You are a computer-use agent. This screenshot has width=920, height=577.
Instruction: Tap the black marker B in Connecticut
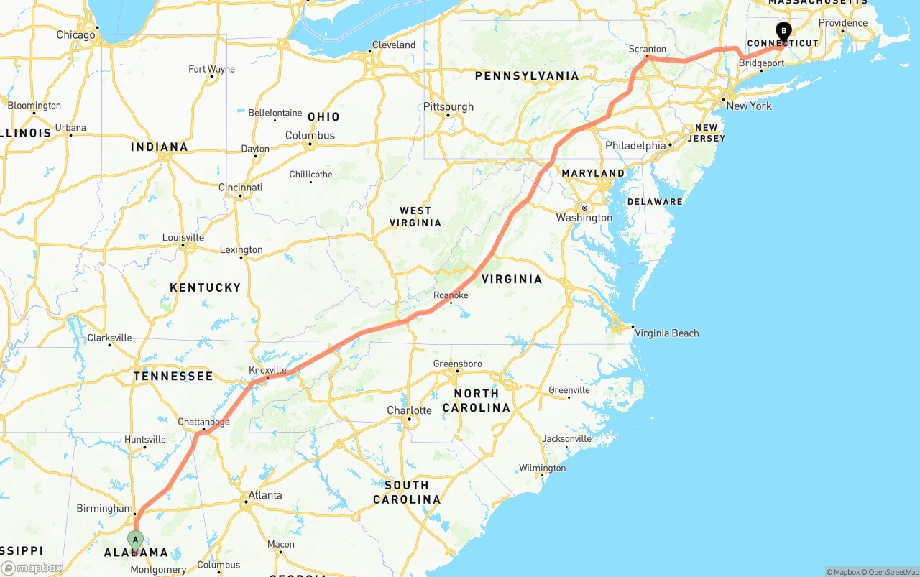point(783,32)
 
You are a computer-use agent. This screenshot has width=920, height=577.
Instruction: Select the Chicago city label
point(75,34)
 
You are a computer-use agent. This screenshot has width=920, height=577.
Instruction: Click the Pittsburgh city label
point(448,106)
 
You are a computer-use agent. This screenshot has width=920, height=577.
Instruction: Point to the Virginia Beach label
point(667,333)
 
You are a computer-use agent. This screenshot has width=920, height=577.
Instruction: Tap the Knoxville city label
point(267,370)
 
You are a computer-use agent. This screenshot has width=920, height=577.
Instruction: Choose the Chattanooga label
point(204,422)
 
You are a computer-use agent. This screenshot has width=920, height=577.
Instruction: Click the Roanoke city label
point(451,295)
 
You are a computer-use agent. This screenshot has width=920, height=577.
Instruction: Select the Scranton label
point(648,49)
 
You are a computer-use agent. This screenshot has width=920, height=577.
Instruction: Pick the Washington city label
point(584,218)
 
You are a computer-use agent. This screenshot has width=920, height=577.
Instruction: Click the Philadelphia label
point(635,145)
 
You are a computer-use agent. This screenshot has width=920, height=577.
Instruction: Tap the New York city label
point(749,106)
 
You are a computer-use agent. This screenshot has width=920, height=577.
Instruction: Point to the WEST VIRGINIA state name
point(415,216)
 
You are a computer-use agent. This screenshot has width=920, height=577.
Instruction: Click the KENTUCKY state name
point(205,287)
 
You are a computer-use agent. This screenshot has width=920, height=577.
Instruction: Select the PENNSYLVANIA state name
point(526,75)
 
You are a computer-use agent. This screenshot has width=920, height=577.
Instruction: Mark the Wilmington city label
point(543,468)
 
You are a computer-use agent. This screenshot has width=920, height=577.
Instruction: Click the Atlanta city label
point(265,495)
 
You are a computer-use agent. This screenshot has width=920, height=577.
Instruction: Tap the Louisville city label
point(183,237)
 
